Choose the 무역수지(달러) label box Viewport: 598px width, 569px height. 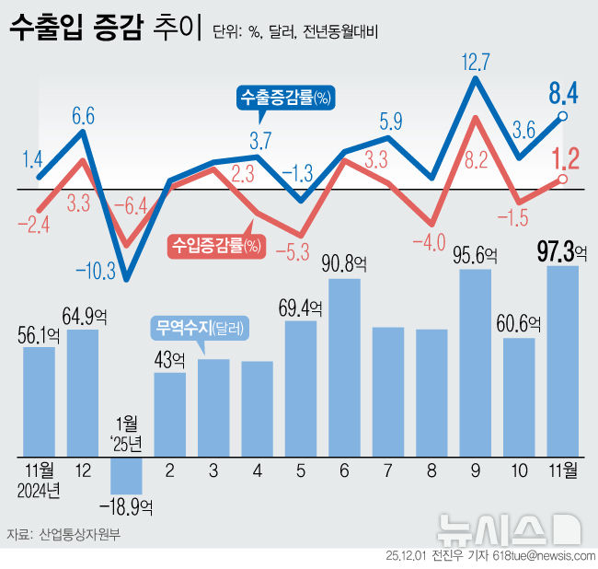point(202,328)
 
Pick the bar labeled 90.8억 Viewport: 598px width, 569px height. point(344,366)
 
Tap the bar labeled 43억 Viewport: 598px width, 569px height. point(169,413)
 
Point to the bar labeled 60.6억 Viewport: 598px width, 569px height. point(519,396)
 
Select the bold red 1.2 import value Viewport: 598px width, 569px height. point(564,157)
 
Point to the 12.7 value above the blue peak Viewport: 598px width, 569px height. point(476,63)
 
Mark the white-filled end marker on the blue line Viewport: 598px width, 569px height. point(562,116)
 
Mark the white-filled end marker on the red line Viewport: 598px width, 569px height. point(562,179)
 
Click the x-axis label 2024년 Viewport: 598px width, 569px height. point(40,490)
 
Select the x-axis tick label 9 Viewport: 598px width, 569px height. point(475,470)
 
